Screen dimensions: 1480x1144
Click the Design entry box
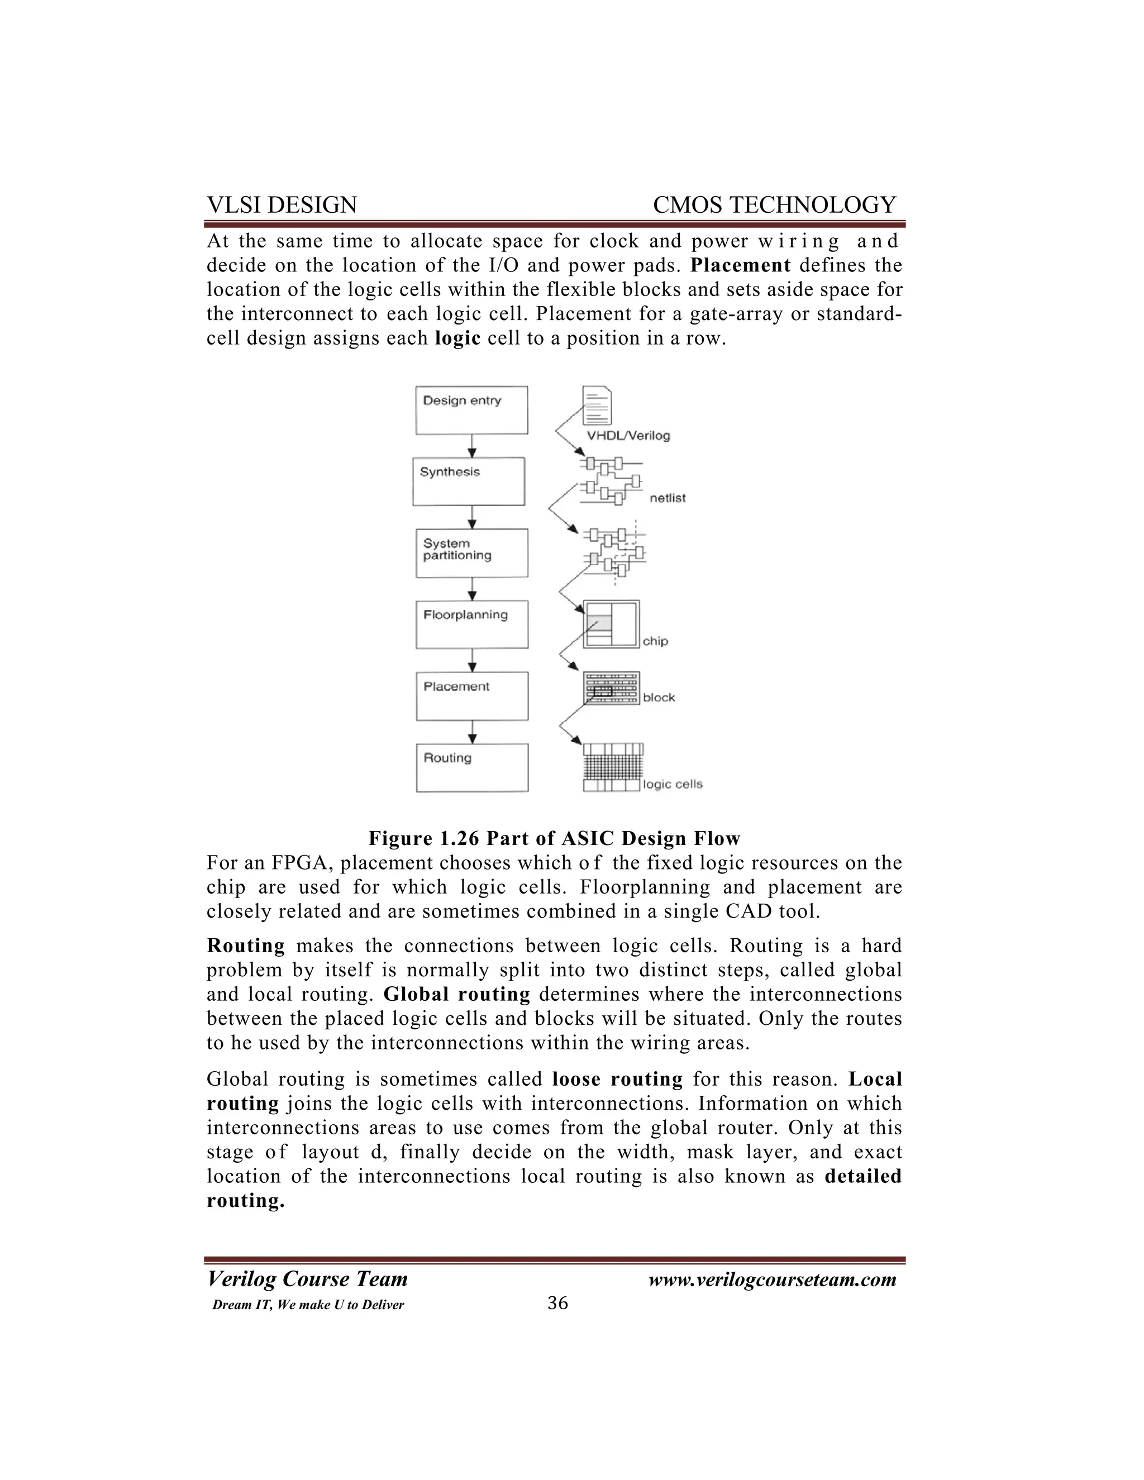coord(471,410)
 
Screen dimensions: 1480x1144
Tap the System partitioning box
coord(471,553)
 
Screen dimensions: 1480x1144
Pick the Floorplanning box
coord(471,624)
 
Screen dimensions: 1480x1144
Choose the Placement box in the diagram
coord(471,696)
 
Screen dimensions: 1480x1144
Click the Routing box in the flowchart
coord(471,768)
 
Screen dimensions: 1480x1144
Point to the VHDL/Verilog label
coord(627,436)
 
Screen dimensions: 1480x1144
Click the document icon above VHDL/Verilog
coord(597,405)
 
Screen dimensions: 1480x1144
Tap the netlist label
coord(668,498)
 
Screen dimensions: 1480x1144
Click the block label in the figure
coord(659,698)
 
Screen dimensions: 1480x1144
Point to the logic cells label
coord(673,784)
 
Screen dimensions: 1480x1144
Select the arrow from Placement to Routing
coord(473,732)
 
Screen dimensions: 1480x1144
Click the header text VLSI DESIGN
coord(282,204)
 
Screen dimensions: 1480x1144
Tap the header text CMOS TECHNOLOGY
coord(774,204)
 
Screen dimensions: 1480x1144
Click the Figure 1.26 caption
coord(554,838)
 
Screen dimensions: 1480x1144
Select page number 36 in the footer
coord(557,1303)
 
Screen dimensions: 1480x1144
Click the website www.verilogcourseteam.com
coord(772,1280)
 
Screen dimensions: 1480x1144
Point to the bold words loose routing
coord(617,1079)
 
